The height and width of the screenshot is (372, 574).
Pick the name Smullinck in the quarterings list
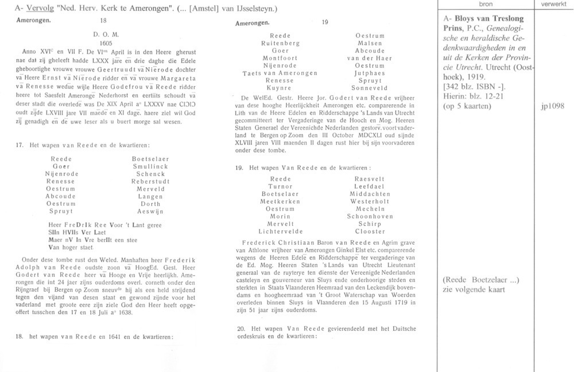tap(149, 166)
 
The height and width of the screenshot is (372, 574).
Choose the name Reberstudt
tap(149, 181)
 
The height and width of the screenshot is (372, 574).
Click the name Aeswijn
tap(149, 211)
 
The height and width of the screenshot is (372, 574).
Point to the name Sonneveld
tap(370, 88)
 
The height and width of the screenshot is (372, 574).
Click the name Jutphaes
tap(370, 73)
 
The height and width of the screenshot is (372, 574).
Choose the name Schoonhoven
tap(370, 216)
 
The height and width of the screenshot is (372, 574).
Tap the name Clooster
tap(370, 231)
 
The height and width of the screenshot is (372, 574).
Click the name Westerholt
tap(370, 201)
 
